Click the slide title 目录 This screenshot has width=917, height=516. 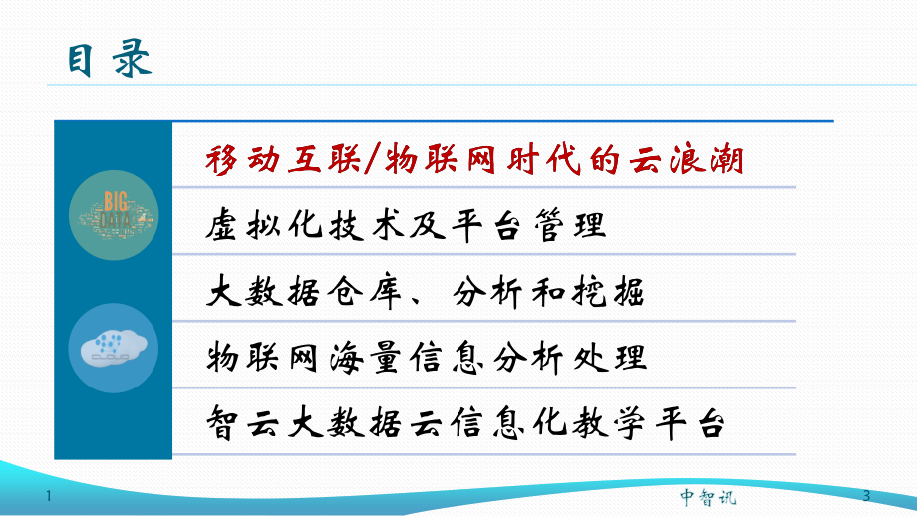(110, 59)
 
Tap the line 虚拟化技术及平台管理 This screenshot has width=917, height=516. (408, 225)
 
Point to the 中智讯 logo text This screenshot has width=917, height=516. (707, 496)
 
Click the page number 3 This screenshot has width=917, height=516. (865, 496)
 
